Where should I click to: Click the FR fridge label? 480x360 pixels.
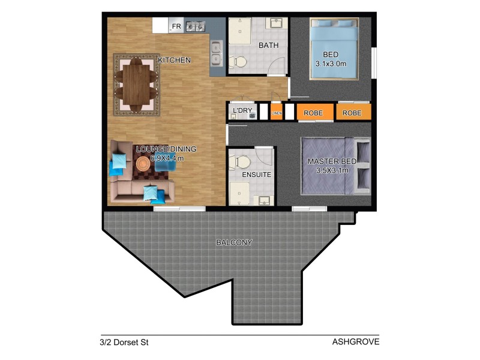click(x=176, y=26)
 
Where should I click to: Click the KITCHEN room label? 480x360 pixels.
click(x=174, y=60)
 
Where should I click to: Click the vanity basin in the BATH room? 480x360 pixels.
click(x=277, y=23)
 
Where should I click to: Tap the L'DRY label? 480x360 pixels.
click(x=242, y=111)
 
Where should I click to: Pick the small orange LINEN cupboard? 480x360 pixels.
click(x=276, y=113)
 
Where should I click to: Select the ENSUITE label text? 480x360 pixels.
click(x=257, y=175)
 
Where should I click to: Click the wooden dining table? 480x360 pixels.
click(x=136, y=85)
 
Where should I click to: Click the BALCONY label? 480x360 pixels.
click(x=234, y=242)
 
